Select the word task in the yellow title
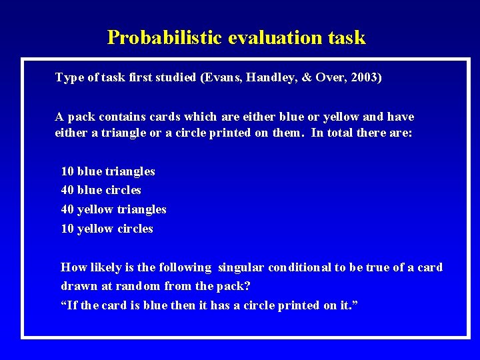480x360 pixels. (x=347, y=37)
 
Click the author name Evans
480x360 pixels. (x=221, y=77)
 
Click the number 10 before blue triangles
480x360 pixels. (x=67, y=171)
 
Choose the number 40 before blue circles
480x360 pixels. (x=67, y=190)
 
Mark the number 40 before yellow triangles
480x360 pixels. (x=67, y=209)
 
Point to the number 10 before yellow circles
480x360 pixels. (x=67, y=229)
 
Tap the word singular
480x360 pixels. (x=240, y=267)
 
